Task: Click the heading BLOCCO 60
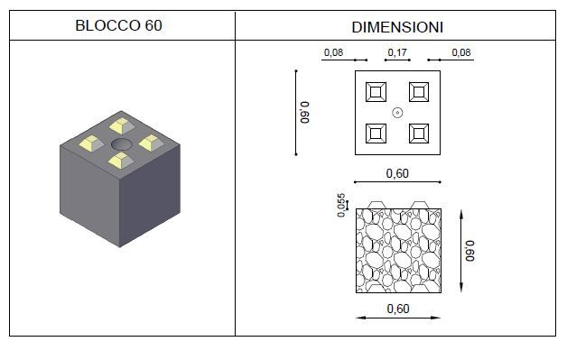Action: (x=118, y=25)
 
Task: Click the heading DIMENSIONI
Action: (x=397, y=27)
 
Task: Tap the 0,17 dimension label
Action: (x=397, y=52)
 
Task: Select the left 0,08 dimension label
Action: (x=333, y=52)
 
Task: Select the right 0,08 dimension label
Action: (x=461, y=52)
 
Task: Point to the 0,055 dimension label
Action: (x=341, y=206)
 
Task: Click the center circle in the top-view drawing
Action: (x=397, y=113)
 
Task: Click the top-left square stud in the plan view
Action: (x=376, y=92)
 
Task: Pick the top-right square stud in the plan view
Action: (x=419, y=92)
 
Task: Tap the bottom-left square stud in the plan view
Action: (x=376, y=134)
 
